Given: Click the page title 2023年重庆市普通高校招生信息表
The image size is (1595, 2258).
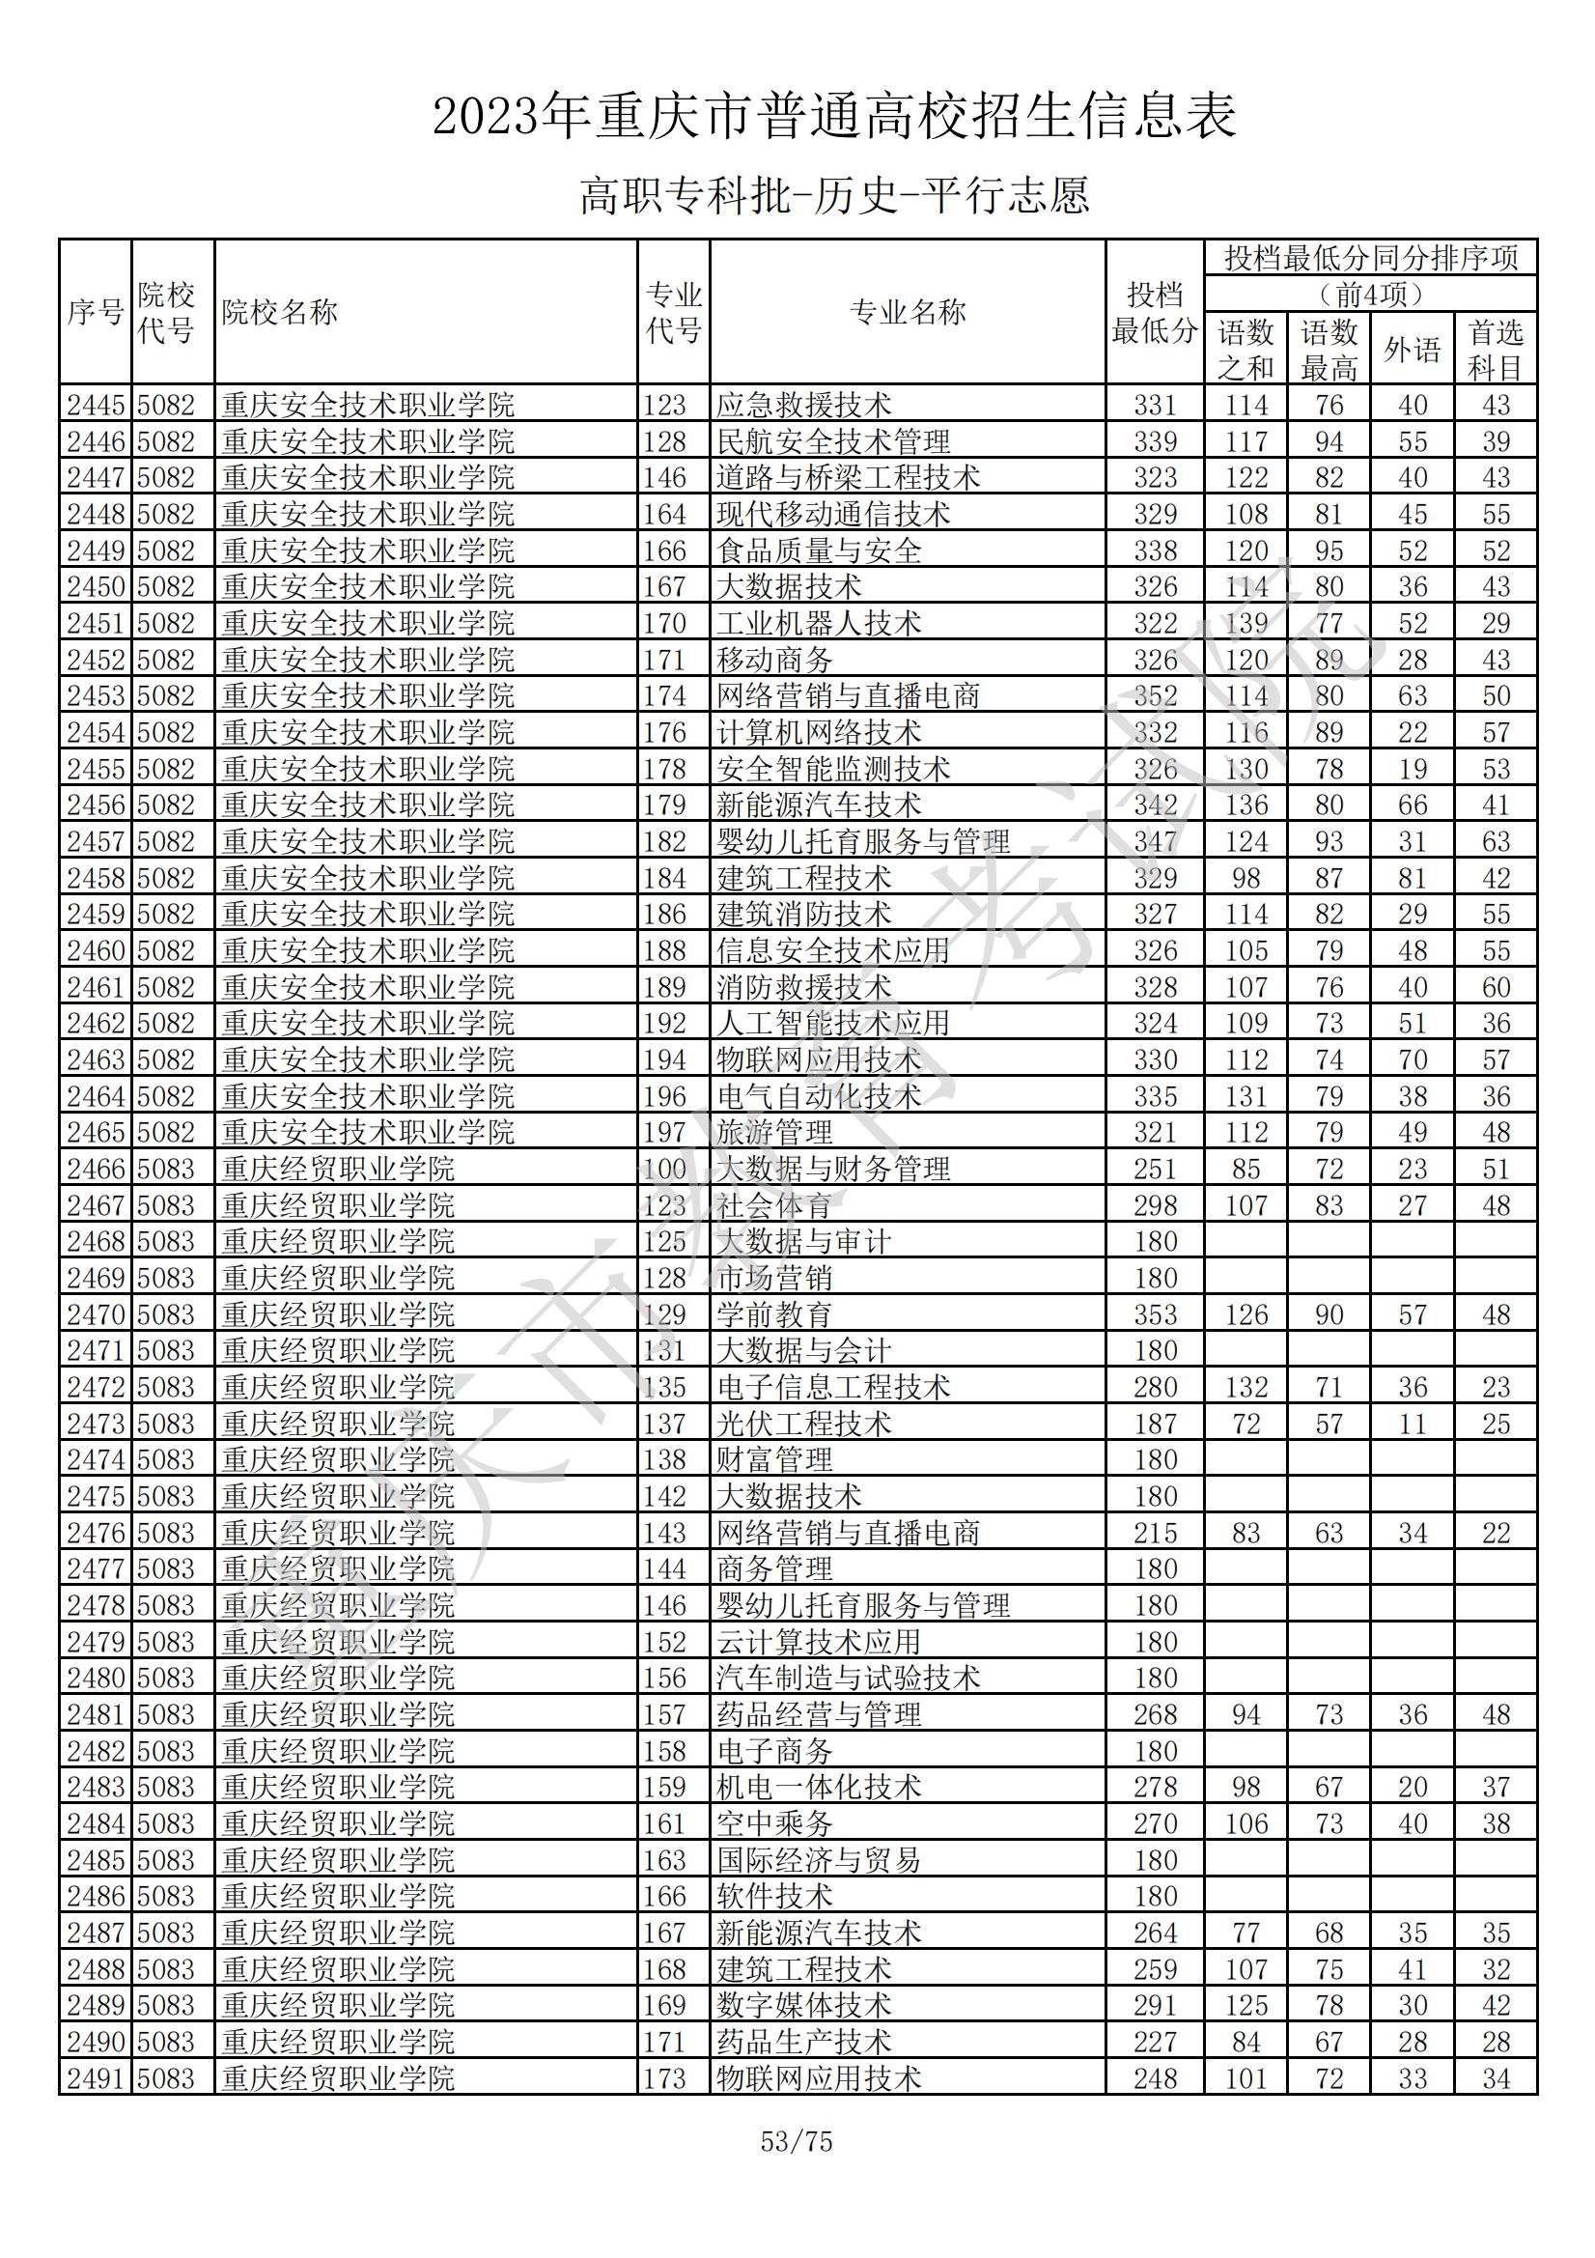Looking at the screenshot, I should click(x=834, y=117).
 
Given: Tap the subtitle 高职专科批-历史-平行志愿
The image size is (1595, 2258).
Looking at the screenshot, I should click(x=834, y=196).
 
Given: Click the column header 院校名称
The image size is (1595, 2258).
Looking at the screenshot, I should click(x=279, y=313).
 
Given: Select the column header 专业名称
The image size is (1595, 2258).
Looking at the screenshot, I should click(x=907, y=313).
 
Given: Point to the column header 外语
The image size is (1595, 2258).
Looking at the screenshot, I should click(x=1413, y=349).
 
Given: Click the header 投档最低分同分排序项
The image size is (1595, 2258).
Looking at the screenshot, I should click(x=1371, y=259).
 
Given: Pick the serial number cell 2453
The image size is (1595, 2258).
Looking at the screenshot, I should click(x=96, y=696).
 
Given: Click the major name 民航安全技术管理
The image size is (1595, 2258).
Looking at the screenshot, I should click(x=833, y=441).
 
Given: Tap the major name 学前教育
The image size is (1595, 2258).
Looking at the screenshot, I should click(x=774, y=1314).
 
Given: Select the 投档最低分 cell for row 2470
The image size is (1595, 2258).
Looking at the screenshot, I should click(x=1155, y=1314).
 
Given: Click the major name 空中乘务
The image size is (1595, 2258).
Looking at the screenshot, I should click(x=774, y=1824).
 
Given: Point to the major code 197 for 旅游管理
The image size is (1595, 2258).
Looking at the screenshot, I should click(x=665, y=1133).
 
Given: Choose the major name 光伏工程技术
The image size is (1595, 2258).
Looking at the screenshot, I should click(x=803, y=1424).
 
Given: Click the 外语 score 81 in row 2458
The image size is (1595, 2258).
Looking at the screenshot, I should click(x=1413, y=878).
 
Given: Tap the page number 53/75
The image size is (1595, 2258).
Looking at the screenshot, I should click(x=797, y=2142).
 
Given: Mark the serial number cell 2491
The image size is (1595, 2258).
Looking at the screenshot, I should click(x=96, y=2079).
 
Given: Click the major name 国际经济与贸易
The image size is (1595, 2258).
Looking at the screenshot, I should click(x=818, y=1861).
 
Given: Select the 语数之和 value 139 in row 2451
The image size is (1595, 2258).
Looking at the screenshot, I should click(x=1245, y=624).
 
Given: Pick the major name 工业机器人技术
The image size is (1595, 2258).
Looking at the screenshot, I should click(x=818, y=624).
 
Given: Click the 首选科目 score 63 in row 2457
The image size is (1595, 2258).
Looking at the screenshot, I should click(x=1496, y=842).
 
